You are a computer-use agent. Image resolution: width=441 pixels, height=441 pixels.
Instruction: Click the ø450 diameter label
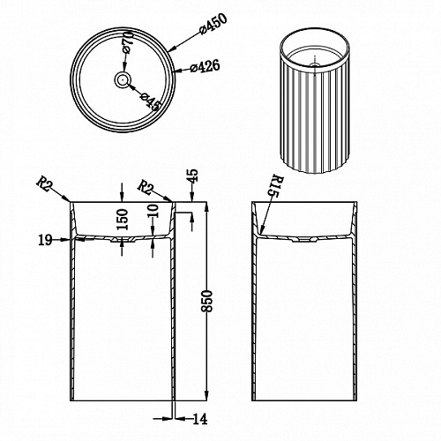tap(213, 25)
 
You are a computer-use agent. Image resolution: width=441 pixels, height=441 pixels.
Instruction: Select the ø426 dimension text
tap(205, 66)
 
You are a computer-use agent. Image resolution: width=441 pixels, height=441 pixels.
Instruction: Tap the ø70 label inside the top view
tap(128, 43)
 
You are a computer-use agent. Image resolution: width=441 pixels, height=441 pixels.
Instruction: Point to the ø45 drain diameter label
tap(151, 101)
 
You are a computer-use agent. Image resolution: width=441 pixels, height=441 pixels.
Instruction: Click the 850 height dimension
tap(207, 301)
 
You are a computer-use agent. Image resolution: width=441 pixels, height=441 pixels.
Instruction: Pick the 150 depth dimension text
tap(123, 220)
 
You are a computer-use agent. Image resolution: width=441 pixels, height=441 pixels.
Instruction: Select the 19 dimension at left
tap(45, 240)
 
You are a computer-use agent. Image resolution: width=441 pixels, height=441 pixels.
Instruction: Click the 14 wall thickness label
tap(200, 418)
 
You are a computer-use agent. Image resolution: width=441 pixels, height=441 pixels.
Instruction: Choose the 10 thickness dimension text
tap(153, 211)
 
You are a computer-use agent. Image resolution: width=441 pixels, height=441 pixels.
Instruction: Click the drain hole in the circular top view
tap(122, 79)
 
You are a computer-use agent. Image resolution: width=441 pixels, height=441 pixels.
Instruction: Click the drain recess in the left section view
tap(123, 240)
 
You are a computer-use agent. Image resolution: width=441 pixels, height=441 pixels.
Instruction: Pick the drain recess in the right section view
tap(304, 240)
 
